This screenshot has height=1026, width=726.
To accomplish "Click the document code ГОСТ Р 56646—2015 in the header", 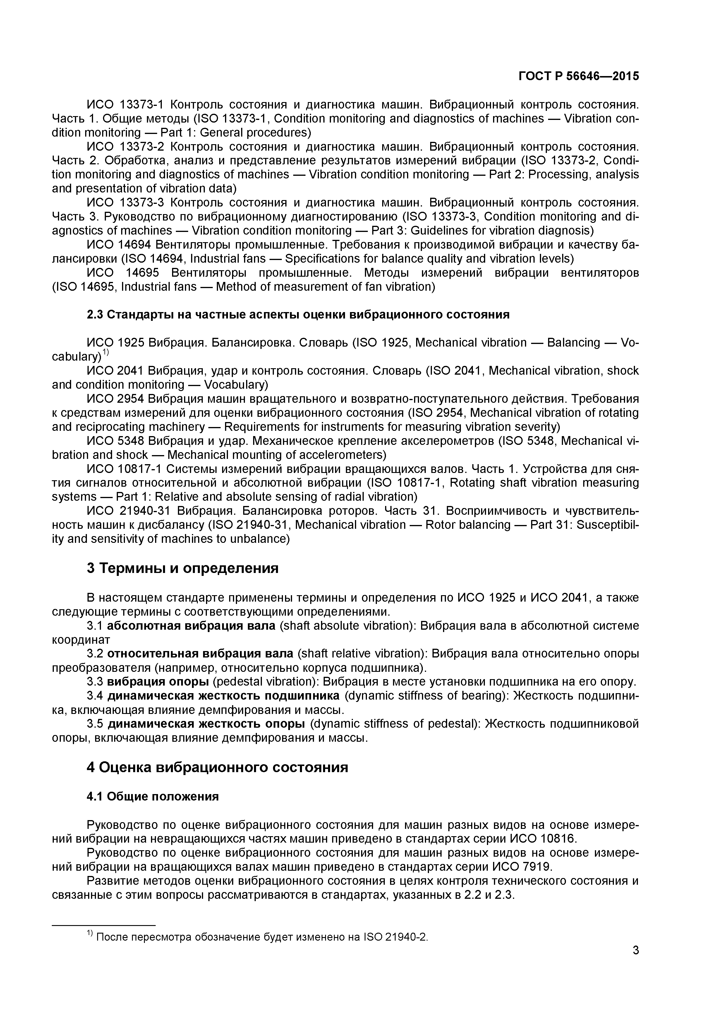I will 579,76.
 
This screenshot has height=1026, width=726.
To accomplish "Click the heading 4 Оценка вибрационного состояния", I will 217,767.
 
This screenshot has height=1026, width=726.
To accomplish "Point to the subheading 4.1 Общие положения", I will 152,796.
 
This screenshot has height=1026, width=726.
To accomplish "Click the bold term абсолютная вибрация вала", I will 191,626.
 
